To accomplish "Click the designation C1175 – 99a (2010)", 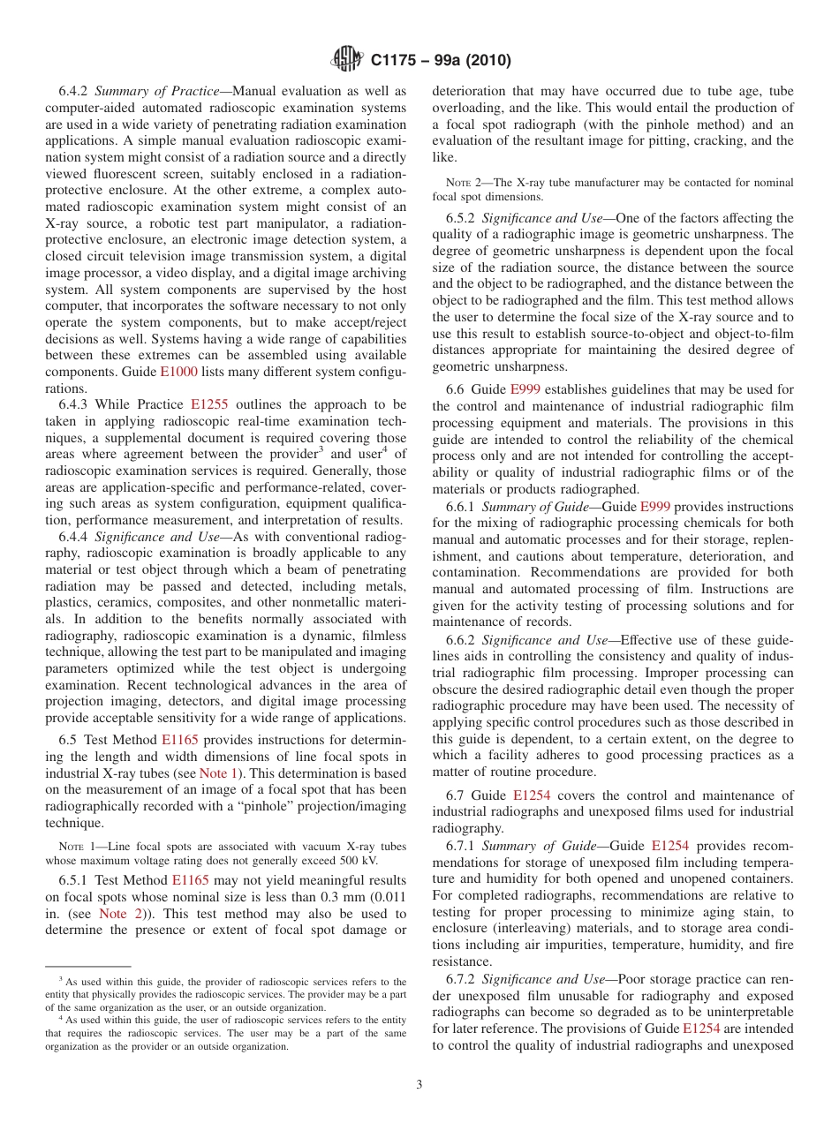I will point(441,60).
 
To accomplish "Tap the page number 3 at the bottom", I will point(419,1085).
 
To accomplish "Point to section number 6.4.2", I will point(74,91).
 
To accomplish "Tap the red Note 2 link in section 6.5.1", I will point(117,914).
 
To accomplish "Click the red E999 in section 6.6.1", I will point(654,507).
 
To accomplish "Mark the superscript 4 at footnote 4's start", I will point(61,1016).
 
